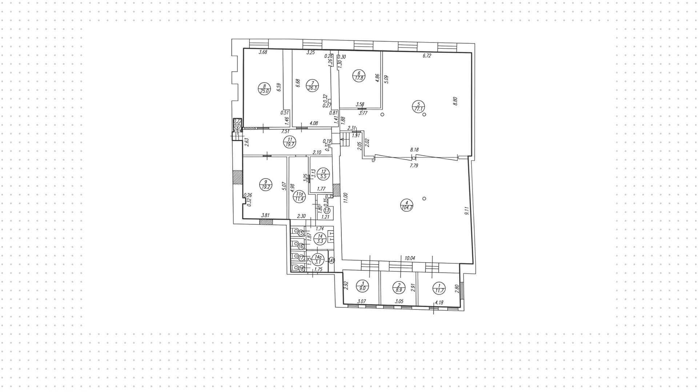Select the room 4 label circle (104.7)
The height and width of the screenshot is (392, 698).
click(x=406, y=205)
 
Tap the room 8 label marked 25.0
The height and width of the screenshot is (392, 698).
click(x=264, y=88)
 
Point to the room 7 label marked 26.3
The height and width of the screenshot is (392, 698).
click(x=313, y=85)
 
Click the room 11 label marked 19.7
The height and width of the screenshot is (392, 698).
click(x=290, y=141)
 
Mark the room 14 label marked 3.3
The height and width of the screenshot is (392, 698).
click(x=320, y=238)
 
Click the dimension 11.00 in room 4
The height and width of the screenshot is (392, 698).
click(x=346, y=199)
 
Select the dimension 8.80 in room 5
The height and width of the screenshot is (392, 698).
click(x=455, y=101)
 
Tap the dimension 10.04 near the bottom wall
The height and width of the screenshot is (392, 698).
click(x=410, y=258)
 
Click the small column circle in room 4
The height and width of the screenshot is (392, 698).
click(x=424, y=199)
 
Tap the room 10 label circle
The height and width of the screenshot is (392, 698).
click(x=237, y=126)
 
